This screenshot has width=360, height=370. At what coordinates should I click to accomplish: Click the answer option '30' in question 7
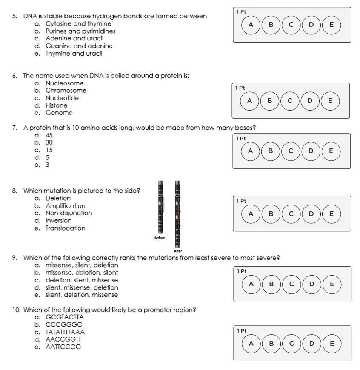[49, 143]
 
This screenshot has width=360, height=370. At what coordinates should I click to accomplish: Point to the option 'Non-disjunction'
[69, 213]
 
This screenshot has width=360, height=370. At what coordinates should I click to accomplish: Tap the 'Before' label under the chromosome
[160, 237]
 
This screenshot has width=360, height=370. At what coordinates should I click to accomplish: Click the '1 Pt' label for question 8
[241, 201]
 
